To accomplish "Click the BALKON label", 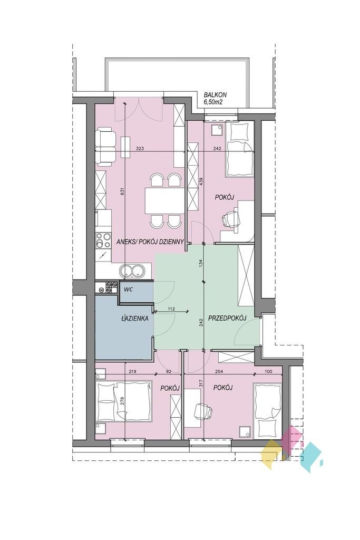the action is [x=215, y=95].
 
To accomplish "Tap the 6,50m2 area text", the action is [x=213, y=102].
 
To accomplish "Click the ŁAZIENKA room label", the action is [x=135, y=319].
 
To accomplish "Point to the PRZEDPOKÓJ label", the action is [x=227, y=319].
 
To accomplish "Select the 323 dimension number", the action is [x=140, y=149].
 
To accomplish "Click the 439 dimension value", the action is [x=202, y=182].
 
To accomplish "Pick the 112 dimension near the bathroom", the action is [x=172, y=309].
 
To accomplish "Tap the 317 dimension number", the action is [x=202, y=383].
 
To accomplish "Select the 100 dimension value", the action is [x=268, y=371].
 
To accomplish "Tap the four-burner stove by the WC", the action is [x=106, y=287].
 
